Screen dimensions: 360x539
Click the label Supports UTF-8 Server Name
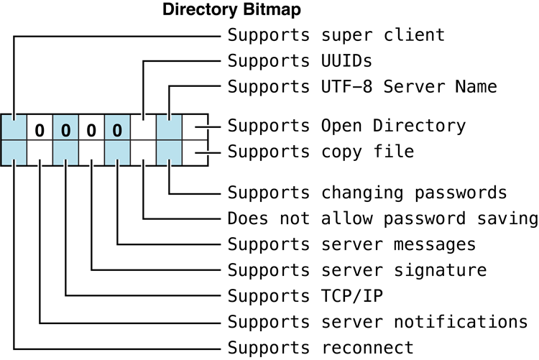click(x=362, y=87)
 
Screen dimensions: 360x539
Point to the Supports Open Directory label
click(x=346, y=126)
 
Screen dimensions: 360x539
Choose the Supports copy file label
click(x=321, y=152)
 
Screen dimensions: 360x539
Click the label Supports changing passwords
click(x=367, y=193)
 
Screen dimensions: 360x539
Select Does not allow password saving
click(x=382, y=218)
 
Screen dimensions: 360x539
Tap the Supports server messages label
click(x=351, y=244)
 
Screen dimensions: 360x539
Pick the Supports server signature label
click(x=357, y=271)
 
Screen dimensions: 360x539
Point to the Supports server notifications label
click(x=377, y=322)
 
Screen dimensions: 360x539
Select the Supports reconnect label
click(x=321, y=348)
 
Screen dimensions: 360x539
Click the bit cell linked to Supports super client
click(x=14, y=127)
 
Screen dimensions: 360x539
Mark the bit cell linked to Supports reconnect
click(x=14, y=153)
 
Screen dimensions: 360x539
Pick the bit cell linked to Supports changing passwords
click(x=169, y=153)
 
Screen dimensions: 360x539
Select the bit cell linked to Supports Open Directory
click(x=195, y=127)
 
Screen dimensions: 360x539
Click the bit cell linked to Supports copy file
click(x=195, y=153)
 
